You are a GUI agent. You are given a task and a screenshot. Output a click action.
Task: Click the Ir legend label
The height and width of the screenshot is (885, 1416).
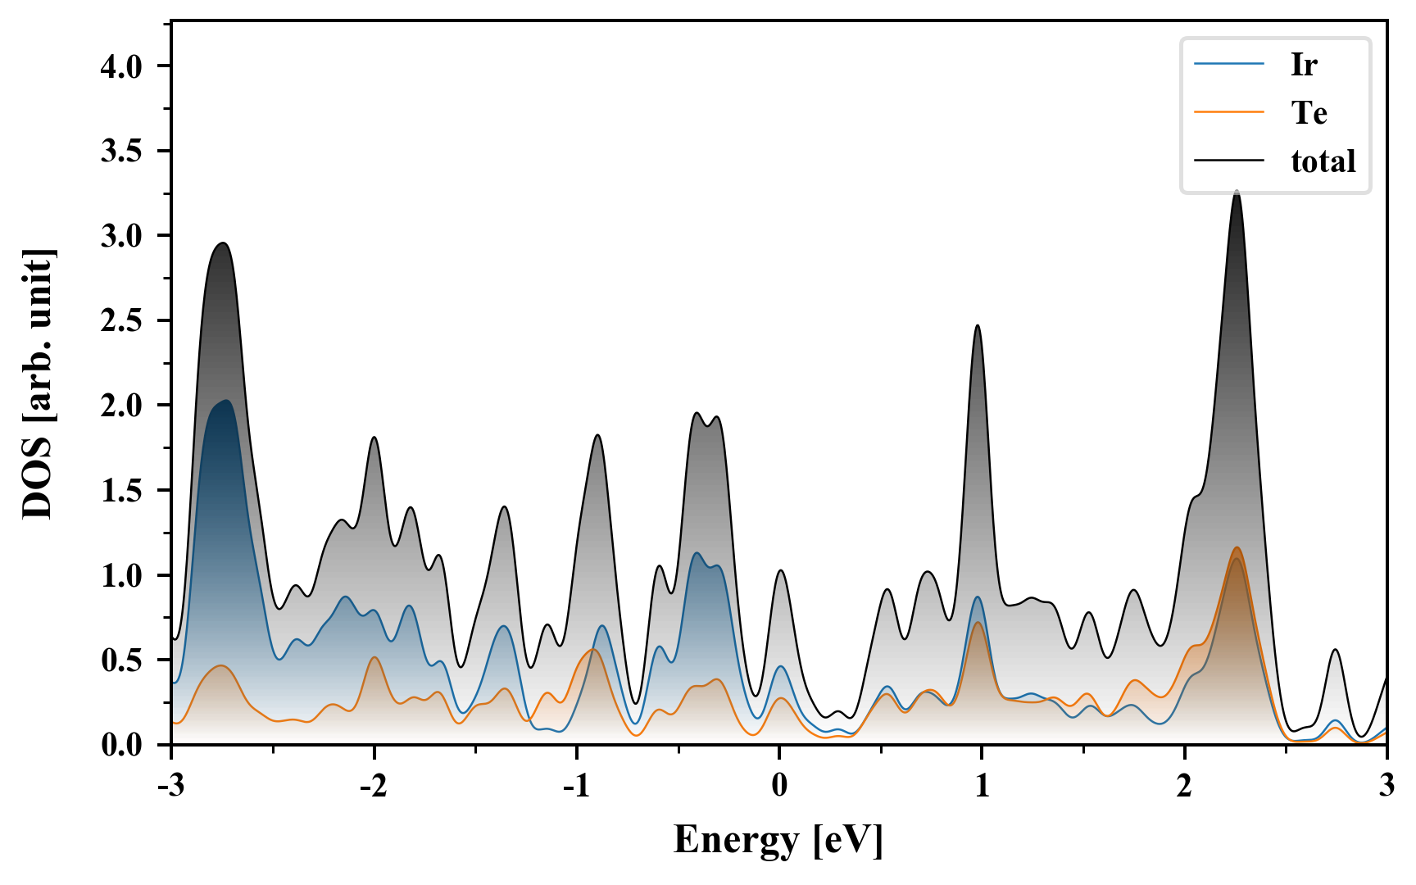pyautogui.click(x=1304, y=65)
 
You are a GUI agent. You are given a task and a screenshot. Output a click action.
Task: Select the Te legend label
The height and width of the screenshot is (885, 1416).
pyautogui.click(x=1309, y=113)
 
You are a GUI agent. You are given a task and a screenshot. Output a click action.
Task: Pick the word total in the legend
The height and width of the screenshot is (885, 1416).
pyautogui.click(x=1323, y=161)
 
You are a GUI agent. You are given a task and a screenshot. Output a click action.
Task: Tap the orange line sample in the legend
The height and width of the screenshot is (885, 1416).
pyautogui.click(x=1229, y=112)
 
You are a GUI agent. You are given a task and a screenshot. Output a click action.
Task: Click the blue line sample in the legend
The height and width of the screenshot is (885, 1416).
pyautogui.click(x=1229, y=64)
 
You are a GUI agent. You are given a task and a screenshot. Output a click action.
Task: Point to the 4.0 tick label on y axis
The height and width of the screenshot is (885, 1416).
pyautogui.click(x=122, y=66)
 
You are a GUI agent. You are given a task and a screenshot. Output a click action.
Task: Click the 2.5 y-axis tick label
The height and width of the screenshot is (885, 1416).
pyautogui.click(x=122, y=321)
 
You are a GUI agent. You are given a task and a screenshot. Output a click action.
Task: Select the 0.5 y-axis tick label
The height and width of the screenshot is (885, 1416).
pyautogui.click(x=122, y=660)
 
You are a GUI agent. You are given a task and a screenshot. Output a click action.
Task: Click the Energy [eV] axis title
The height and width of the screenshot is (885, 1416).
pyautogui.click(x=778, y=840)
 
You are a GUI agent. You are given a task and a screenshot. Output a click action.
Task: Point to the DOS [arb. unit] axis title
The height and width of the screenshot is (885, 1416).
pyautogui.click(x=38, y=383)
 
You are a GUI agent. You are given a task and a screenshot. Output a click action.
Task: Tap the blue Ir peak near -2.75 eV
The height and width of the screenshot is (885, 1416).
pyautogui.click(x=225, y=401)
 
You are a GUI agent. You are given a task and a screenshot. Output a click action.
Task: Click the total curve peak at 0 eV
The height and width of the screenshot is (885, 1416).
pyautogui.click(x=780, y=570)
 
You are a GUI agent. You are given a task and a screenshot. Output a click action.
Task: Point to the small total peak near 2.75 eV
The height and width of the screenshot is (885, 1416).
pyautogui.click(x=1336, y=650)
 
